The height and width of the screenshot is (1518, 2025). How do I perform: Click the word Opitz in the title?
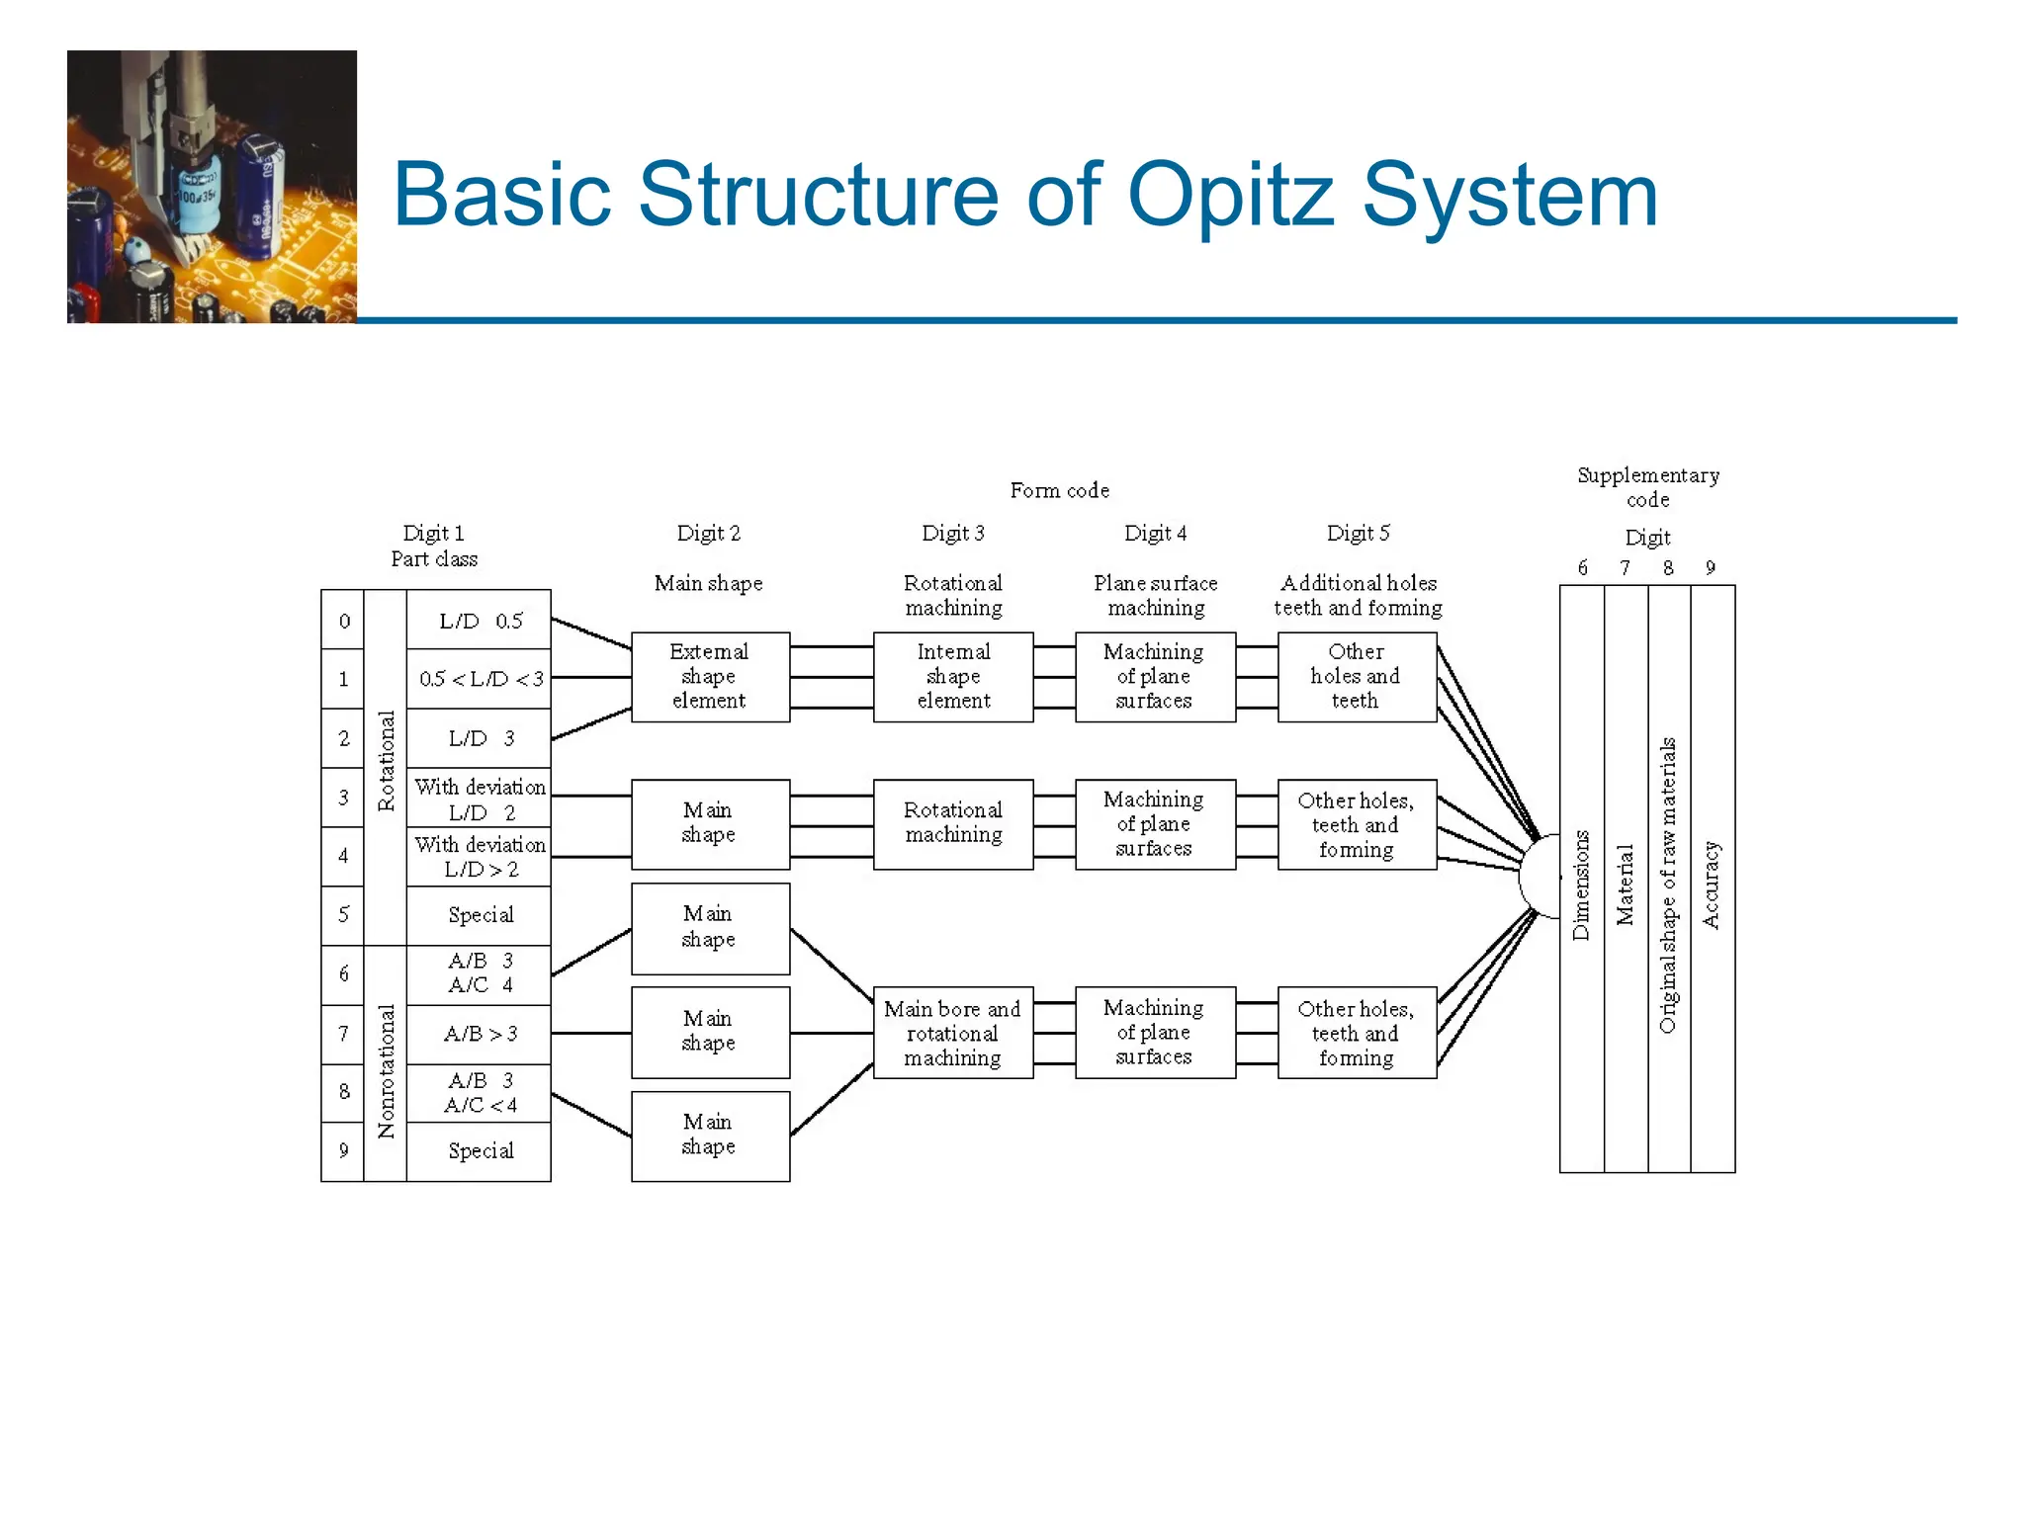pyautogui.click(x=1230, y=195)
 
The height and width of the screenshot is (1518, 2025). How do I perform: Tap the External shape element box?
pyautogui.click(x=710, y=677)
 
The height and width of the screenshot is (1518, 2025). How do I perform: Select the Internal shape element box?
pyautogui.click(x=953, y=677)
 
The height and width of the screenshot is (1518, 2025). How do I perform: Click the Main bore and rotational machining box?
pyautogui.click(x=952, y=1033)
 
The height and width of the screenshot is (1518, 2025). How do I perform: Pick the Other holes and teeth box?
pyautogui.click(x=1357, y=677)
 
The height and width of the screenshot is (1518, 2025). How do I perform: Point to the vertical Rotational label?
pyautogui.click(x=386, y=761)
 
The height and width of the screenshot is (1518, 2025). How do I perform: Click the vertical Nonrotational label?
pyautogui.click(x=386, y=1071)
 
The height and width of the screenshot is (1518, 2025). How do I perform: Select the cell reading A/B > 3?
pyautogui.click(x=480, y=1034)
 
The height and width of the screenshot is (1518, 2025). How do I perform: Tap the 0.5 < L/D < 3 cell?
pyautogui.click(x=480, y=679)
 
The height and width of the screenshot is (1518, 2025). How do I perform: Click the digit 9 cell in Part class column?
pyautogui.click(x=343, y=1150)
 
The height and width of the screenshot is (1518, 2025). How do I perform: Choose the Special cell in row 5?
pyautogui.click(x=480, y=915)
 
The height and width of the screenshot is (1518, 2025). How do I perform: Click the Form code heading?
pyautogui.click(x=1059, y=490)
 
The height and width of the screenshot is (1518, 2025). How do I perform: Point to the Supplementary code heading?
pyautogui.click(x=1647, y=487)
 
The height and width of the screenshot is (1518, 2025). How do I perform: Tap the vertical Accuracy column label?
pyautogui.click(x=1712, y=885)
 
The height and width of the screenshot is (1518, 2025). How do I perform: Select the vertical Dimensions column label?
pyautogui.click(x=1581, y=885)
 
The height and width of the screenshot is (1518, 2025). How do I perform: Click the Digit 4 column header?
pyautogui.click(x=1155, y=534)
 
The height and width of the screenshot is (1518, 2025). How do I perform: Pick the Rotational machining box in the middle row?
pyautogui.click(x=953, y=823)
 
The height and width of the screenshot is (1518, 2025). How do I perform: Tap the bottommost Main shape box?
pyautogui.click(x=710, y=1136)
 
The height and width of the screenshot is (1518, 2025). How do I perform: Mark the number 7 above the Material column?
pyautogui.click(x=1625, y=567)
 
